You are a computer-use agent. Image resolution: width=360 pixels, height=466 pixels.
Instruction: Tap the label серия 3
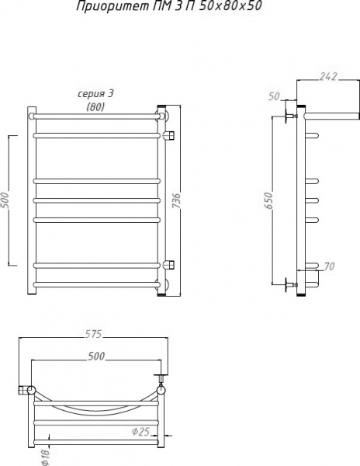[x=96, y=94]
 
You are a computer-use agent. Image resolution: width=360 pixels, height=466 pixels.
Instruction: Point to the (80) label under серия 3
[x=96, y=107]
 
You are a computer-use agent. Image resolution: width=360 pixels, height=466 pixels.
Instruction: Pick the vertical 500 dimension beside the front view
[x=5, y=200]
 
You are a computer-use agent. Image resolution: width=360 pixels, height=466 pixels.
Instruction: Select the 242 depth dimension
[x=329, y=75]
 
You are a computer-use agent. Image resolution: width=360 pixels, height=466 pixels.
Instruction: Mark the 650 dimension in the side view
[x=267, y=200]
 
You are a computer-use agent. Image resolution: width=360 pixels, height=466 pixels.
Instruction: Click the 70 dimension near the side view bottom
[x=329, y=267]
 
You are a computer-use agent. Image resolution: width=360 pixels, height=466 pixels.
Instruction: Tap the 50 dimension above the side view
[x=273, y=96]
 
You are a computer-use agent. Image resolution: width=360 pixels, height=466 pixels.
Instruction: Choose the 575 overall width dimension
[x=92, y=334]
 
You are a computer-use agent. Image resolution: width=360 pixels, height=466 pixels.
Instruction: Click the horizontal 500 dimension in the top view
[x=96, y=356]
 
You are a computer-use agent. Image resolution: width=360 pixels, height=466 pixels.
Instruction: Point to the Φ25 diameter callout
[x=140, y=429]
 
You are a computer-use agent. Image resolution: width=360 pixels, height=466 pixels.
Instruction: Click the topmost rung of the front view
[x=96, y=116]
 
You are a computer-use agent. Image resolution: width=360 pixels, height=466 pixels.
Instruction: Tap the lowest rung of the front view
[x=96, y=285]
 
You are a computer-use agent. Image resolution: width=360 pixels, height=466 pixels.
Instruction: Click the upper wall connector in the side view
[x=291, y=116]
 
